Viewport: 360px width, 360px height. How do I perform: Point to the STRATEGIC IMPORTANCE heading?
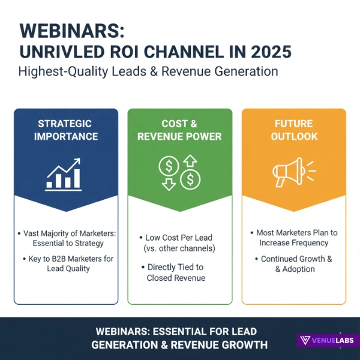pyautogui.click(x=65, y=130)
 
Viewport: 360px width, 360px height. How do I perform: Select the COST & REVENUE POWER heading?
pyautogui.click(x=179, y=130)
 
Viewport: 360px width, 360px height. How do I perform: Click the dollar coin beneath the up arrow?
pyautogui.click(x=192, y=179)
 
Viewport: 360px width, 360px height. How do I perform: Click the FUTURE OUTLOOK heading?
pyautogui.click(x=293, y=130)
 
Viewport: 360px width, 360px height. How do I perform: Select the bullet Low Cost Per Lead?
pyautogui.click(x=180, y=238)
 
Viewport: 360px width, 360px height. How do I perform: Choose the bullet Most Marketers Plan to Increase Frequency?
pyautogui.click(x=293, y=238)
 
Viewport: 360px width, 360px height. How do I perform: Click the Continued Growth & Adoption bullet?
pyautogui.click(x=293, y=264)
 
